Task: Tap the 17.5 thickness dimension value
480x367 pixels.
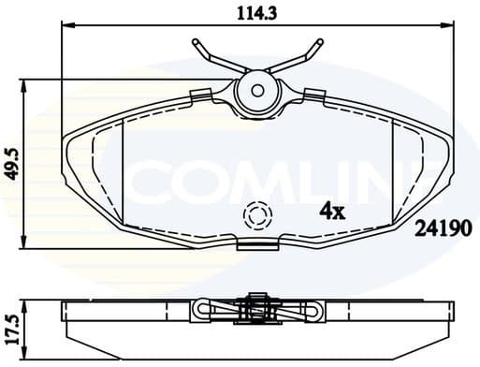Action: coord(12,324)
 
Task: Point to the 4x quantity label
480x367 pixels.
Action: coord(332,211)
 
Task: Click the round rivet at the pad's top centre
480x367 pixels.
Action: coord(257,91)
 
